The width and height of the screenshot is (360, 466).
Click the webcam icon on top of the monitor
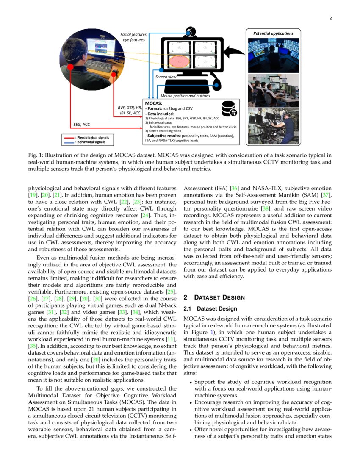click(189, 32)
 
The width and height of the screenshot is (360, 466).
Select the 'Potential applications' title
click(273, 33)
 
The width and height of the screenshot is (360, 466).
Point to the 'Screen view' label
click(166, 77)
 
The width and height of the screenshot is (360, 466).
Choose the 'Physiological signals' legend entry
click(91, 138)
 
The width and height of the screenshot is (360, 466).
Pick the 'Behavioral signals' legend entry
click(90, 142)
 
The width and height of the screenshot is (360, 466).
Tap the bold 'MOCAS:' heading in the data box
click(154, 103)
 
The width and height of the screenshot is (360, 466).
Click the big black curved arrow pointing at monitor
click(234, 53)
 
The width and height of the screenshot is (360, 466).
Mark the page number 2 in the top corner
click(330, 18)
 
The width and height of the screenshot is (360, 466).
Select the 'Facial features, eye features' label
click(134, 37)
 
